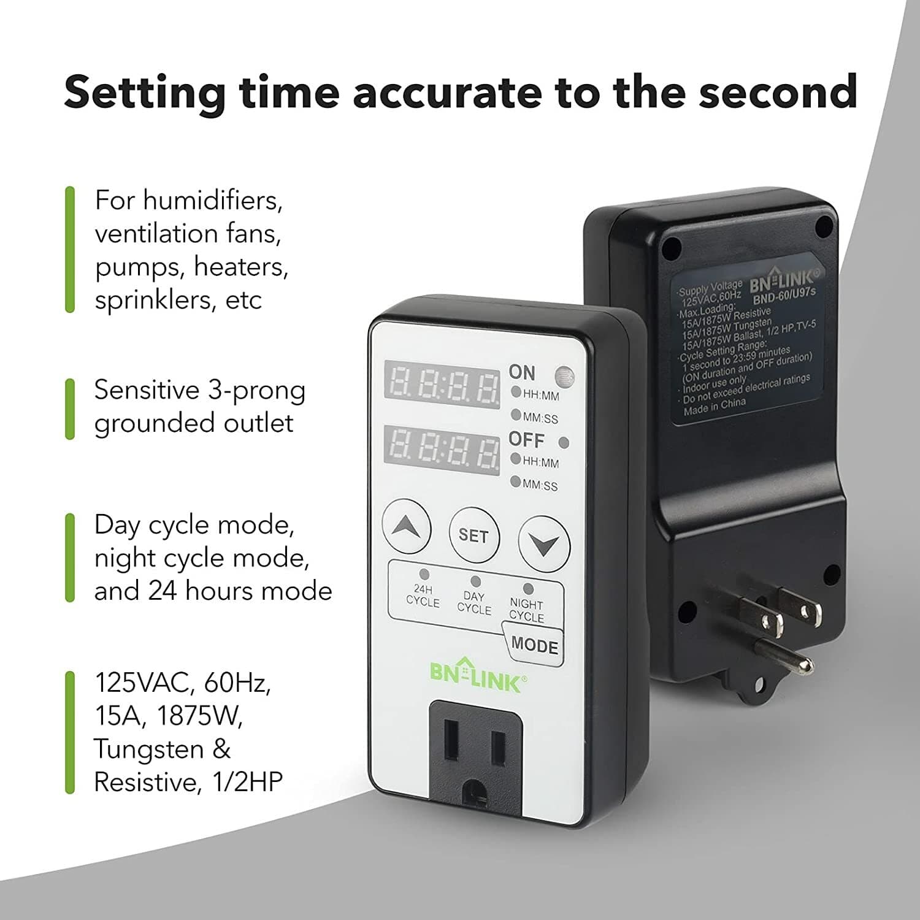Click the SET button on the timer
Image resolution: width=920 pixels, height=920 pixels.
473,535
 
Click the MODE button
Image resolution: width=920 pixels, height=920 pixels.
534,645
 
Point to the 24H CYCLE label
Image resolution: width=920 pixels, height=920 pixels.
423,596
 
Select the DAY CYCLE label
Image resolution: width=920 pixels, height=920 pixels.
474,603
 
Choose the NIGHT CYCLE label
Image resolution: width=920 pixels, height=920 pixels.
526,610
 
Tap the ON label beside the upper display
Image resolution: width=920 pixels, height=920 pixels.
522,372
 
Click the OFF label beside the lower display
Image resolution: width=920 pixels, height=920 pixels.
526,440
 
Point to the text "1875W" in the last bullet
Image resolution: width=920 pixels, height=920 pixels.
200,716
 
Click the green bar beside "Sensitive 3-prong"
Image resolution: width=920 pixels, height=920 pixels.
70,408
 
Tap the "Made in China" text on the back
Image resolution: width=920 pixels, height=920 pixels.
715,407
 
